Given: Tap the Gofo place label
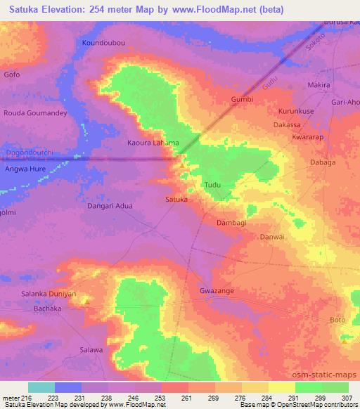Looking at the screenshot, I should tap(12, 74).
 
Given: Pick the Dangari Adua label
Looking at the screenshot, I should tap(109, 207).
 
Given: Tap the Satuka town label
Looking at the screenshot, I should tap(176, 200).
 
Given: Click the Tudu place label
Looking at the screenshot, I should tap(212, 186).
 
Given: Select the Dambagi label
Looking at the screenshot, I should tap(231, 222).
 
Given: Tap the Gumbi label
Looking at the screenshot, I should tap(242, 100).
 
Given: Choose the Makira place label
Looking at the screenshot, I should tap(319, 86).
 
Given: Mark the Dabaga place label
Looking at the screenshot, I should tap(323, 162).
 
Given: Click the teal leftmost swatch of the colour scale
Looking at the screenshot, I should tap(41, 387).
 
